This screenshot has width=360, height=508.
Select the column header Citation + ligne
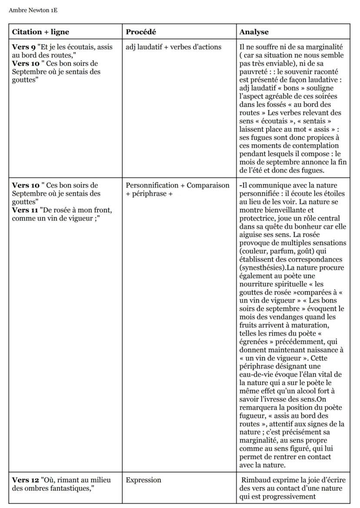tap(40, 32)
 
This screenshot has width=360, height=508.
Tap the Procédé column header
tap(141, 32)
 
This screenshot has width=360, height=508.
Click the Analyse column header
tap(254, 32)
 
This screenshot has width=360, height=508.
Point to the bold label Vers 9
tap(23, 47)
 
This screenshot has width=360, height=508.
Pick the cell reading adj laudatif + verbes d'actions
tap(173, 47)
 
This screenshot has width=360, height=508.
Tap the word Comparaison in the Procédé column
tap(208, 186)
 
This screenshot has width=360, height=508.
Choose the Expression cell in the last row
tap(143, 480)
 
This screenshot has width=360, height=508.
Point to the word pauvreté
tap(254, 72)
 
